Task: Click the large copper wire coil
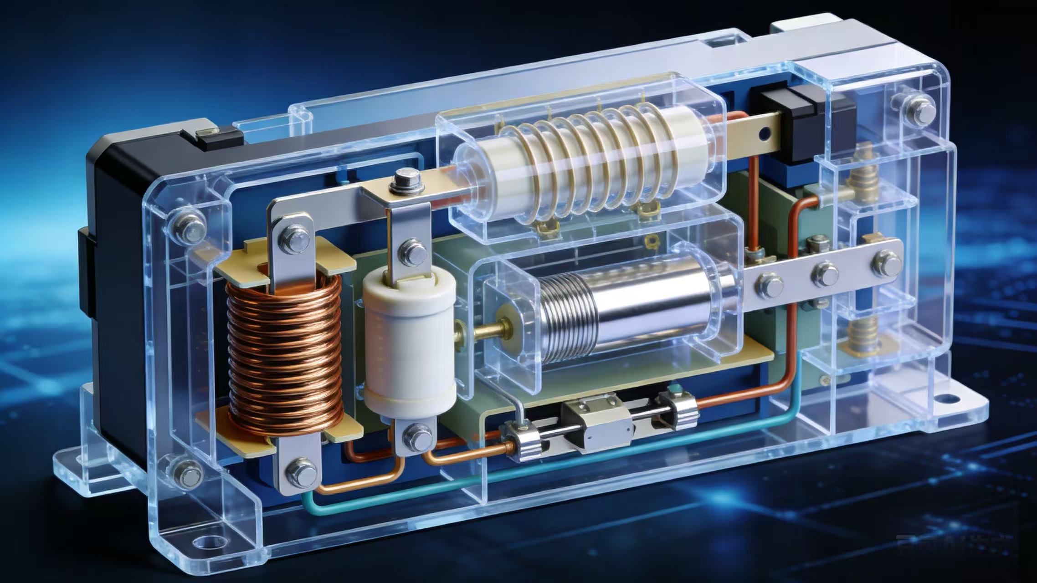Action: [x=285, y=355]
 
